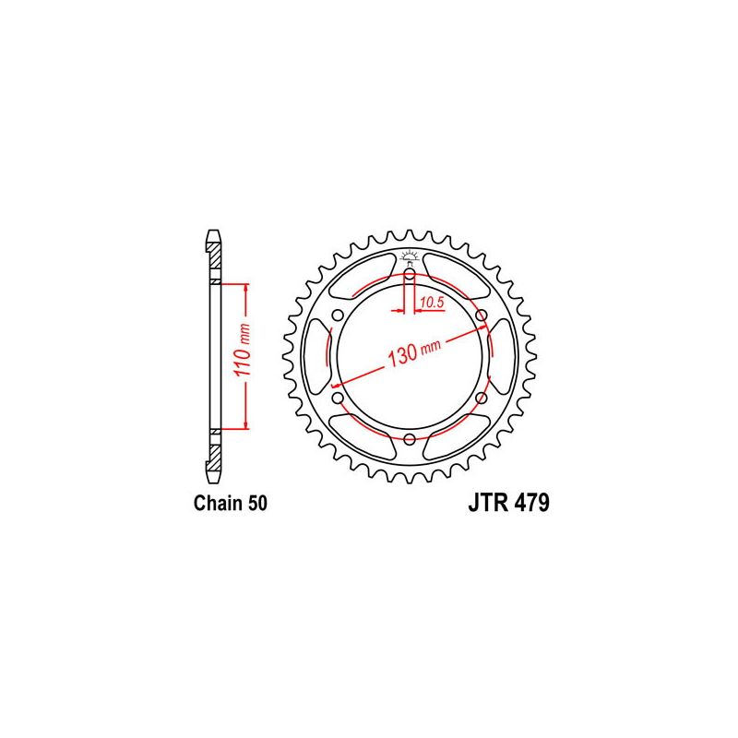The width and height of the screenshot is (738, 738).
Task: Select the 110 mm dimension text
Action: click(242, 356)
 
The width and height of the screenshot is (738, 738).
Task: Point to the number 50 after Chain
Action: click(257, 504)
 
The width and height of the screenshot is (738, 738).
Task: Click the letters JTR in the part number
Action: click(480, 505)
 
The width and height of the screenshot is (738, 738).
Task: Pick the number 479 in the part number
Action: click(529, 505)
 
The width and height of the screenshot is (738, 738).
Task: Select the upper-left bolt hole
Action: click(338, 315)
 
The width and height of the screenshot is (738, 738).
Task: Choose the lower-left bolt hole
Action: click(338, 398)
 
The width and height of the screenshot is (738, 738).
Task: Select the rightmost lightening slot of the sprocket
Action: click(497, 356)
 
